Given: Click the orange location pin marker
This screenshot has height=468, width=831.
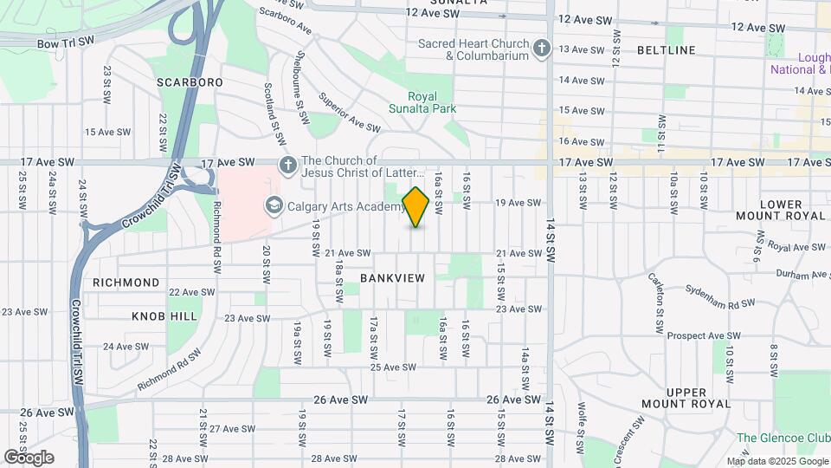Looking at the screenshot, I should click(x=415, y=206).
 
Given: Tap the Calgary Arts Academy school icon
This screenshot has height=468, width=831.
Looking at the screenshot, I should click(x=274, y=205).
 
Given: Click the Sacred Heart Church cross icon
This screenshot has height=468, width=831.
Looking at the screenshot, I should click(x=542, y=49).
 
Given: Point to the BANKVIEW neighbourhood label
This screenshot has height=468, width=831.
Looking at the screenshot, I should click(x=393, y=277).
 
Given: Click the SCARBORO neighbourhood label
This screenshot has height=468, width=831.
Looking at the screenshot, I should click(x=190, y=81).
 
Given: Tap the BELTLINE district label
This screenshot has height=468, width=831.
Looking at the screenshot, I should click(x=666, y=50).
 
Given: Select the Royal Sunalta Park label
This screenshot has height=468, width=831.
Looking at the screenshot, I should click(x=432, y=102).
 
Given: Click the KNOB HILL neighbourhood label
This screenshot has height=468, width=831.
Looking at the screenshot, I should click(x=164, y=316).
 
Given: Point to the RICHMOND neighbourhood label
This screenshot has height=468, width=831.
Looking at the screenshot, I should click(x=126, y=283).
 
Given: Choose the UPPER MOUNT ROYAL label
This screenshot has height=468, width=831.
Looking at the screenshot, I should click(x=686, y=398).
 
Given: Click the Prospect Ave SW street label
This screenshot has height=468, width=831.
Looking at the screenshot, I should click(x=705, y=335).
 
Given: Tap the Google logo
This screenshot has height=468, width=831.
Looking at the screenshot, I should click(x=29, y=457).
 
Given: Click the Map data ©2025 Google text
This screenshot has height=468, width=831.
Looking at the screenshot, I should click(x=776, y=461).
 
